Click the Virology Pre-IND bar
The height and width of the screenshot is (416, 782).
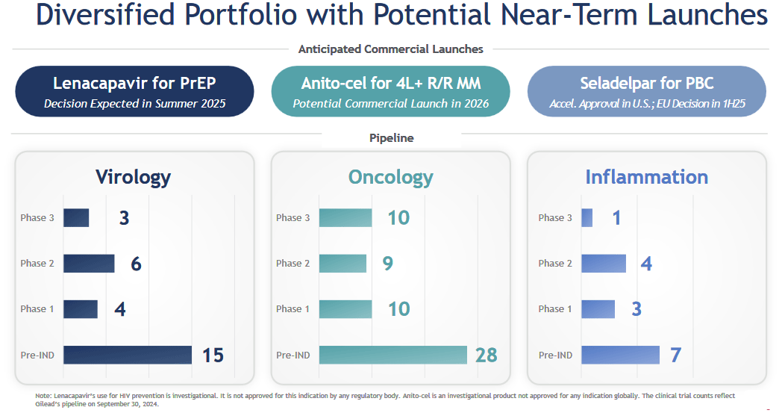point(128,355)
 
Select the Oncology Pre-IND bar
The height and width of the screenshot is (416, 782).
point(392,355)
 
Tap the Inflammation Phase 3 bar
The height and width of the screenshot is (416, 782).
point(586,217)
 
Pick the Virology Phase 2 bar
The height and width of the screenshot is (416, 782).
point(89,263)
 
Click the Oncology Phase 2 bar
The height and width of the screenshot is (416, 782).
point(342,263)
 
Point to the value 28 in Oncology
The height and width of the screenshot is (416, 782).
point(486,355)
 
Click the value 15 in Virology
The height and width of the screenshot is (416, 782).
point(213,355)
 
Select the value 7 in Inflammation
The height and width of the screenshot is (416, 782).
point(675,355)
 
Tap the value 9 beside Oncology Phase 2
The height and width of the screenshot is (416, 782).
point(387,263)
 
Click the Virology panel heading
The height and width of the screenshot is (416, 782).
point(133,177)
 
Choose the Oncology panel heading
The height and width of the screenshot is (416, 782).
point(390,177)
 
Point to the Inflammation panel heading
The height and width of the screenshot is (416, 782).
point(646,177)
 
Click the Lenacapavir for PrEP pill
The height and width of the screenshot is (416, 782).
point(134,91)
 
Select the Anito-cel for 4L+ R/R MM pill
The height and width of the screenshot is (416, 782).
point(390,91)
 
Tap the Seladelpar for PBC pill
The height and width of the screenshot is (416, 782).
point(646,91)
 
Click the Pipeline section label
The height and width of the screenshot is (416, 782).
point(391,138)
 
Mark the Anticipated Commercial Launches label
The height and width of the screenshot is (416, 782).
point(390,49)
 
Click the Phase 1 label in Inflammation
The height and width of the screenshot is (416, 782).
point(555,308)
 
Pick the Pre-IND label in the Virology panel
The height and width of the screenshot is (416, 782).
point(37,355)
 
